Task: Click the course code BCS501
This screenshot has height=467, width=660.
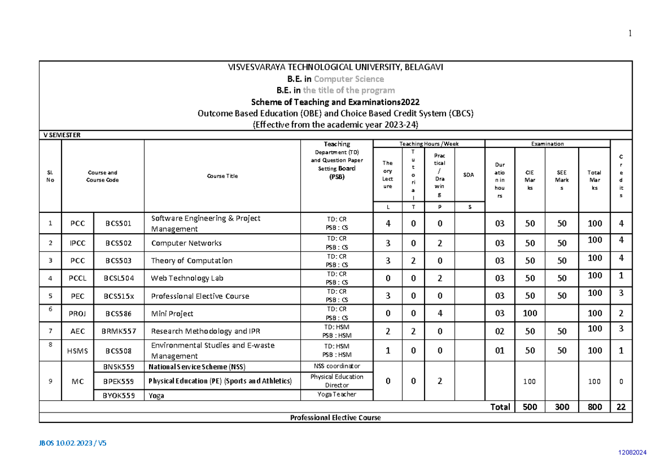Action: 118,224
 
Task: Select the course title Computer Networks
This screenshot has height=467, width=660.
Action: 186,243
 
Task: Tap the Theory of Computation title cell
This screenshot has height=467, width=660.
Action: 191,261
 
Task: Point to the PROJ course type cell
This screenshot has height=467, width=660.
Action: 78,314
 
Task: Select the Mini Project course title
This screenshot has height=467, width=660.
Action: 172,314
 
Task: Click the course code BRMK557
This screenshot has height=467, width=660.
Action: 119,331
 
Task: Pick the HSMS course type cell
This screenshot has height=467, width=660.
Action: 78,350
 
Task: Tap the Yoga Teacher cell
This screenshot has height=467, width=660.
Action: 337,394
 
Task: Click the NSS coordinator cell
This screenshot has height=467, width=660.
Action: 337,366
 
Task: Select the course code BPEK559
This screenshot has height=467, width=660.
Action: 118,381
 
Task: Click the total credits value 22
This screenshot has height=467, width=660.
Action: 621,407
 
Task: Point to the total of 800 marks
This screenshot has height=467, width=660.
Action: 595,407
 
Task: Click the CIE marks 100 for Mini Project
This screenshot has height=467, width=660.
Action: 530,314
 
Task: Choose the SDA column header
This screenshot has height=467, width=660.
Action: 469,175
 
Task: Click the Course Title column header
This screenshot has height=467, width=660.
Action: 222,176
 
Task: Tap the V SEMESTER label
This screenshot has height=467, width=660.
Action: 62,135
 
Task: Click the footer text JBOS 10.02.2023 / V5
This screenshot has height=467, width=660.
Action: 73,443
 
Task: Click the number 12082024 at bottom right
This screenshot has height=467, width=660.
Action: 632,452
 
